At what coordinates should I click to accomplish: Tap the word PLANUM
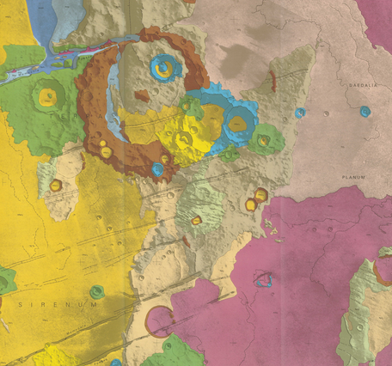[352, 177]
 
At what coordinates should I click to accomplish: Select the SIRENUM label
[58, 304]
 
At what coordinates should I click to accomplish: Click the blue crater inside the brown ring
[162, 65]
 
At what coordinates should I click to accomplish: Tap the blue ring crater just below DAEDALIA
[365, 112]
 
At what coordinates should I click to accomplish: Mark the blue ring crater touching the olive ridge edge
[300, 113]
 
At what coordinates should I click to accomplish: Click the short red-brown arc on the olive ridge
[273, 82]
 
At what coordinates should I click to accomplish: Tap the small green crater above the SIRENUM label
[96, 291]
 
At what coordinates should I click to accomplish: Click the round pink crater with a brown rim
[158, 321]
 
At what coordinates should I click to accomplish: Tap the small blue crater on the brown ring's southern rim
[157, 169]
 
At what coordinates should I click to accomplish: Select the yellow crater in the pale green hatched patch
[196, 220]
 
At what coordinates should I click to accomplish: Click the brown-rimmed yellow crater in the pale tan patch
[56, 185]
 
